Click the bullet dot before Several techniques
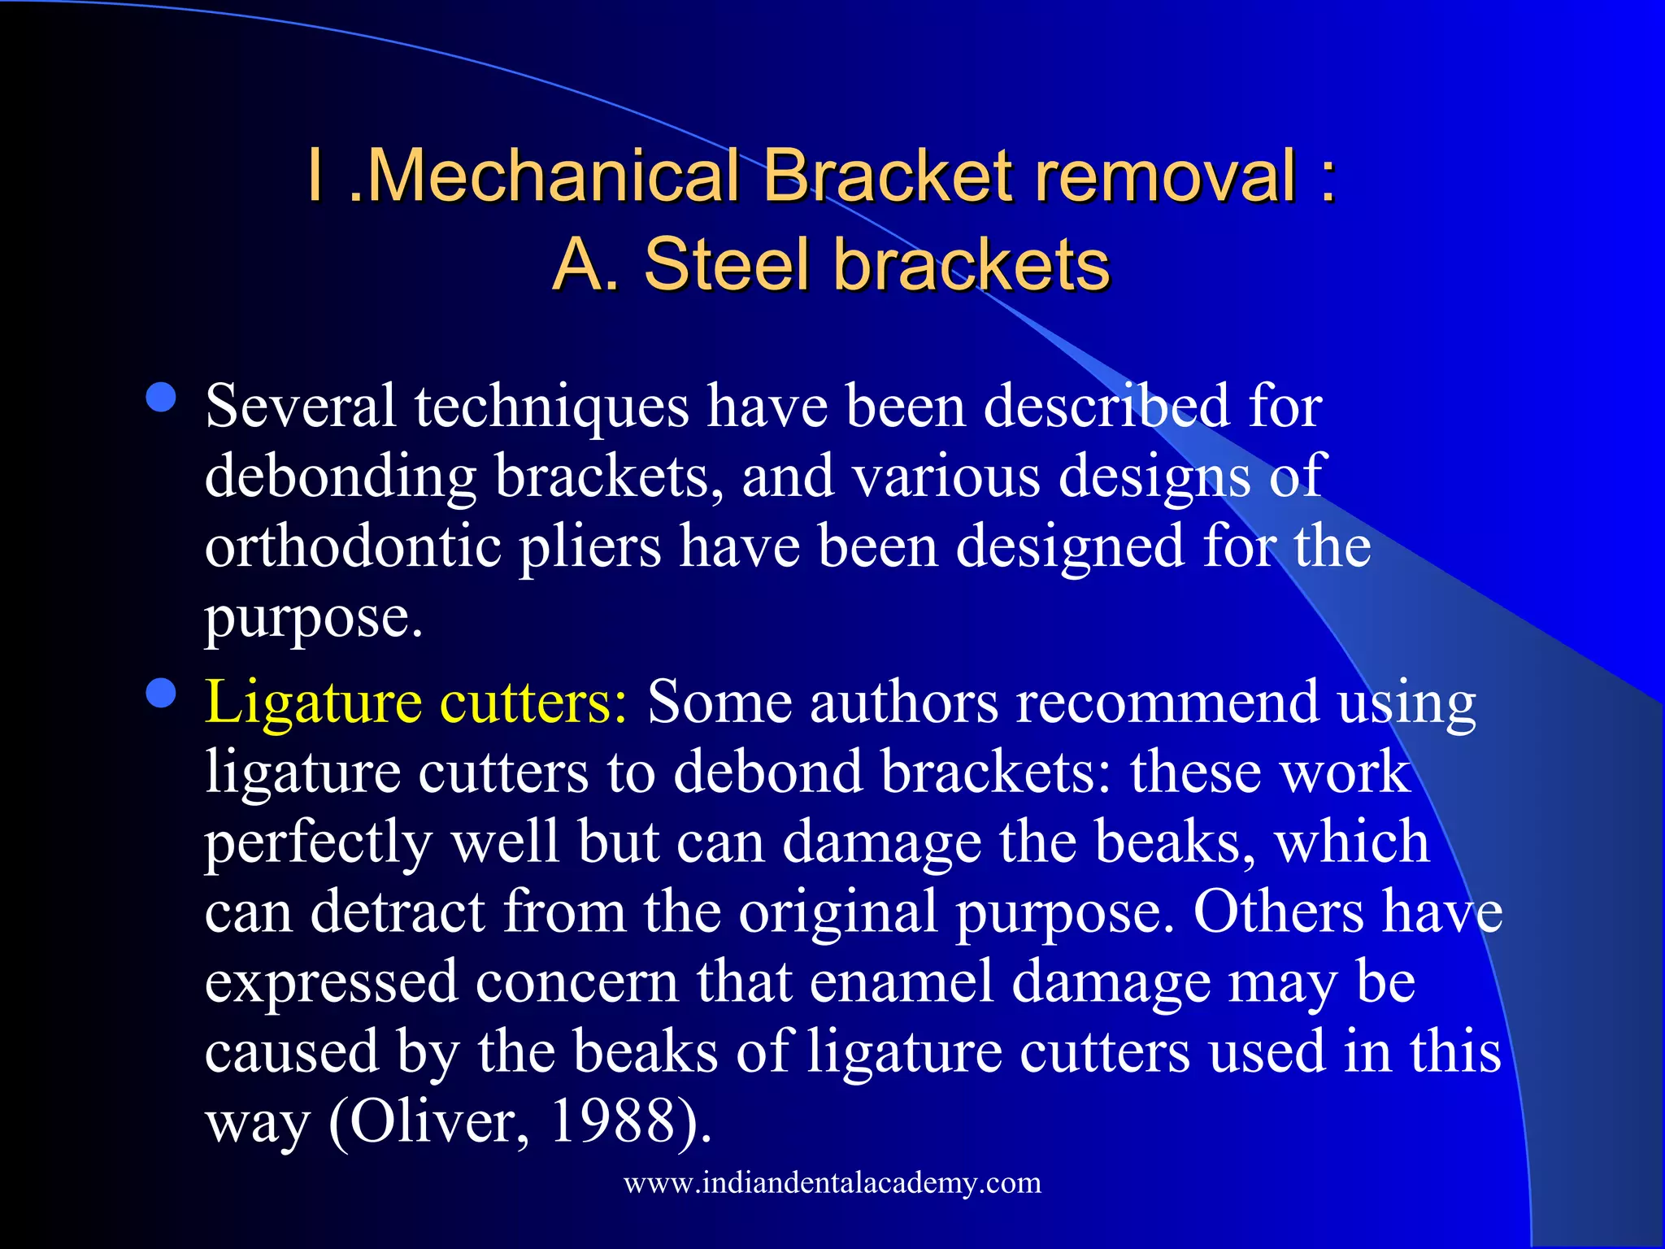coord(162,398)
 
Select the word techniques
coord(552,407)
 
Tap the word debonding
coord(341,477)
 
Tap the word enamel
coord(902,981)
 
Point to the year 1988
coord(614,1121)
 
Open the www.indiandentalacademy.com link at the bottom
coord(832,1182)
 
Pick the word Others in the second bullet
coord(1278,912)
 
